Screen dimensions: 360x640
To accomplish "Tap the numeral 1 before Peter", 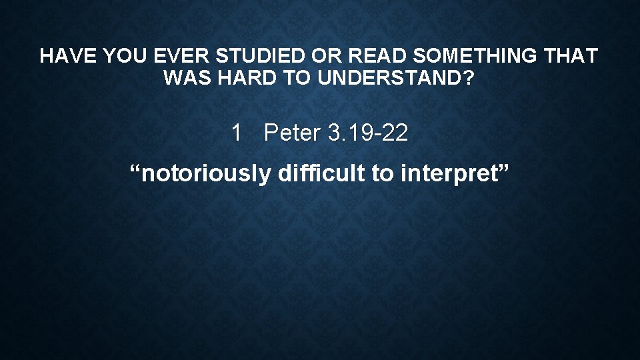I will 236,133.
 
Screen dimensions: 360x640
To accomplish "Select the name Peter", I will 292,133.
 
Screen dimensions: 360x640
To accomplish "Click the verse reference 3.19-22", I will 368,133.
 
